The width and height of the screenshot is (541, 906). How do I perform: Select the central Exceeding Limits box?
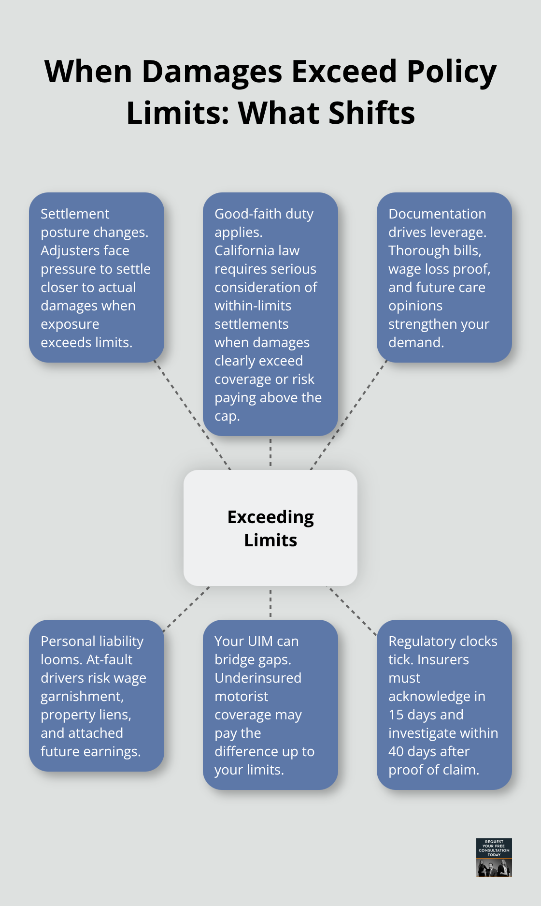tap(270, 528)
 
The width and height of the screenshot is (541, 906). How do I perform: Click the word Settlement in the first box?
tap(75, 214)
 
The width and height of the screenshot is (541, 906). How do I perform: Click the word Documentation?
tap(437, 214)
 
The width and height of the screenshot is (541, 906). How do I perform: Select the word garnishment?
tap(82, 697)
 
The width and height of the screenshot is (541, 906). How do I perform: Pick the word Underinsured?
tap(258, 678)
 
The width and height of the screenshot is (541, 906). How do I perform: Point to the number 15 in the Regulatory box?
tap(396, 715)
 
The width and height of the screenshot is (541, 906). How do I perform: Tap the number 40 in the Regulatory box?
tap(396, 751)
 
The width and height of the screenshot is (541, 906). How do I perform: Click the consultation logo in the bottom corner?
tap(494, 858)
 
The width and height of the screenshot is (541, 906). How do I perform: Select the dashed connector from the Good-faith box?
tap(270, 453)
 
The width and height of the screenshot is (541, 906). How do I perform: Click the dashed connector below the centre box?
tap(270, 603)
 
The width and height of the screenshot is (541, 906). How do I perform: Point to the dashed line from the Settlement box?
tap(192, 415)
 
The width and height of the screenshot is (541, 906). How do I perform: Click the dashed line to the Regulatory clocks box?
tap(352, 611)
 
